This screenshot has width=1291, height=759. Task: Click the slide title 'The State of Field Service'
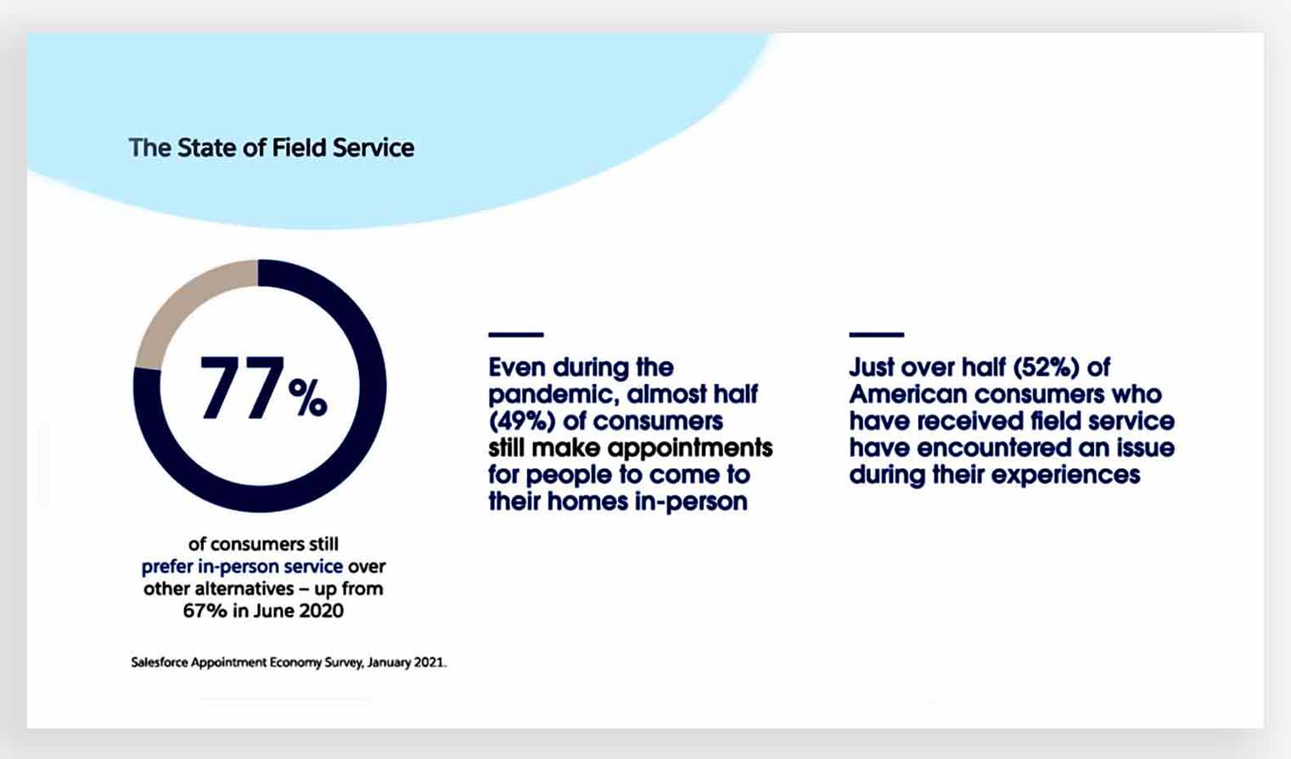click(x=271, y=148)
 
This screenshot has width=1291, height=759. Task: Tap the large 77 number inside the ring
click(x=242, y=387)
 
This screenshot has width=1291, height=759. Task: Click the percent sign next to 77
click(x=308, y=398)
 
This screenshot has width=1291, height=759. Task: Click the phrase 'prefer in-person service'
click(x=242, y=566)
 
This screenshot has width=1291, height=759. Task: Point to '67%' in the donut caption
click(x=205, y=611)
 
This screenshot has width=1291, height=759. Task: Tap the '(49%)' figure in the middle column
click(x=522, y=421)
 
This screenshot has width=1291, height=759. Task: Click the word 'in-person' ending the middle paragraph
click(x=691, y=501)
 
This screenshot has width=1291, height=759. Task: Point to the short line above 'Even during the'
click(x=516, y=335)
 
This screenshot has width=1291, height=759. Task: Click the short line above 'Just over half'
click(x=877, y=335)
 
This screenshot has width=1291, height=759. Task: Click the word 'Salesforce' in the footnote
click(x=160, y=662)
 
